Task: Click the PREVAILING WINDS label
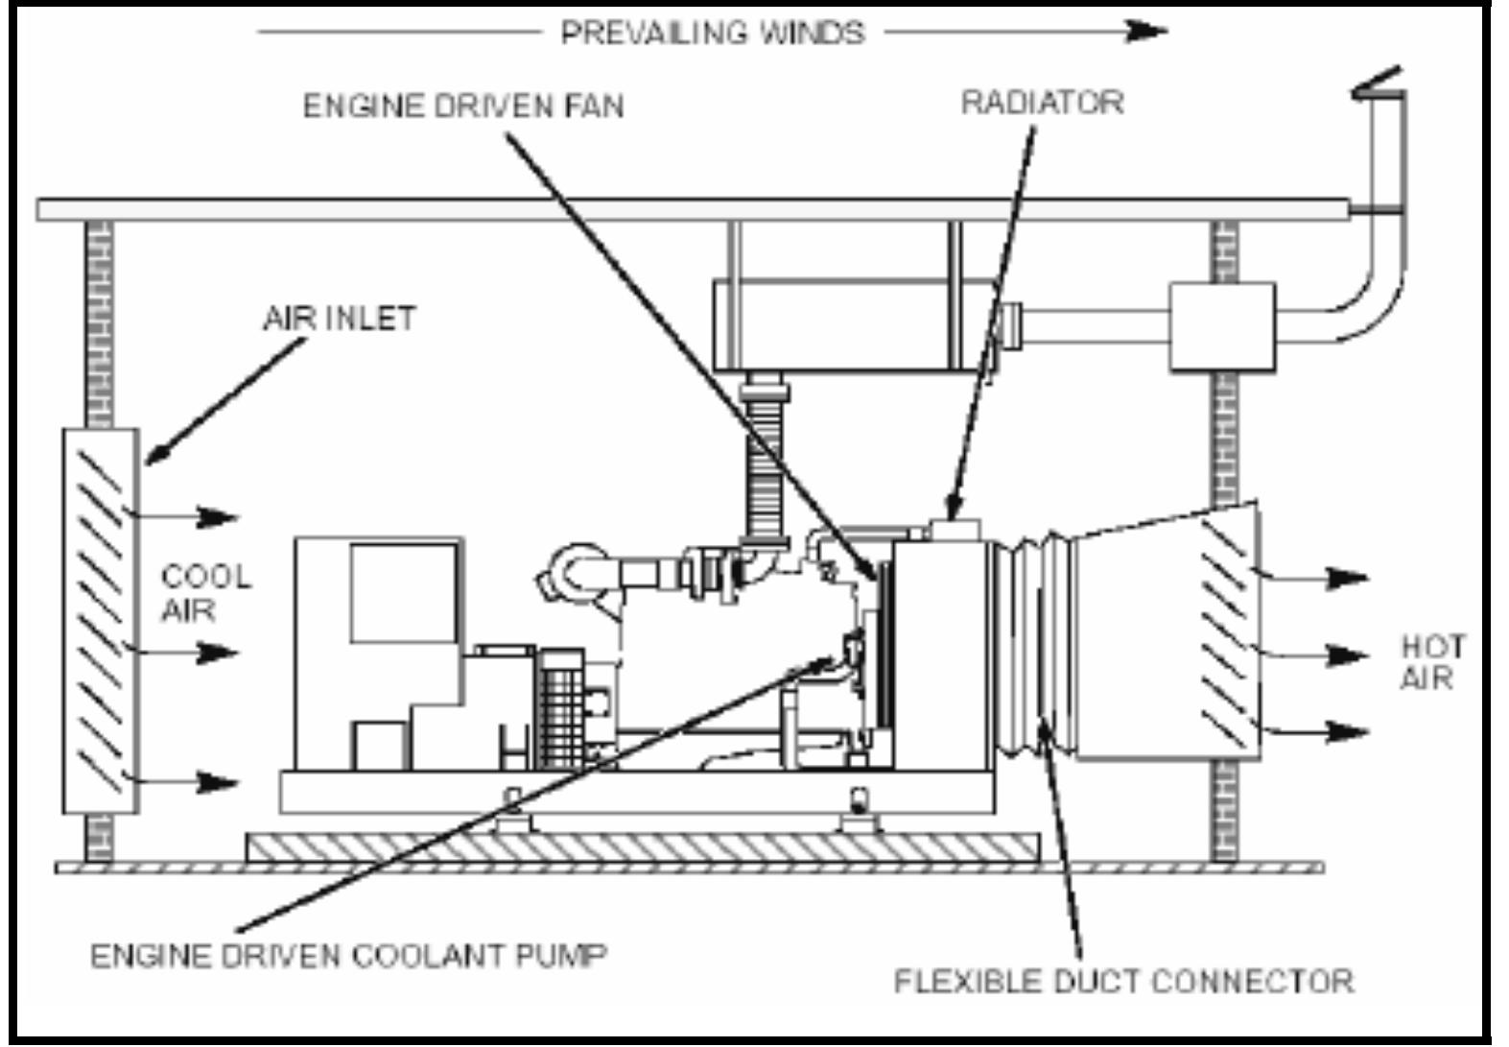point(712,33)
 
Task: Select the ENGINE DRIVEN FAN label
point(463,105)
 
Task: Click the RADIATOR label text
point(1042,102)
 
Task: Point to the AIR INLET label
point(340,318)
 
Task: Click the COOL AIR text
point(204,592)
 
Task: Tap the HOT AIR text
point(1432,661)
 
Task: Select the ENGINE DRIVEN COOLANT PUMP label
point(349,956)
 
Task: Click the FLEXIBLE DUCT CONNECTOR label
point(1123,981)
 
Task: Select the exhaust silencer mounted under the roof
point(854,323)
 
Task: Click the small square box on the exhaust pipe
point(1221,326)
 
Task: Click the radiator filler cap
point(954,530)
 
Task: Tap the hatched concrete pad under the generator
point(643,845)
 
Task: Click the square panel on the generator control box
point(403,592)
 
